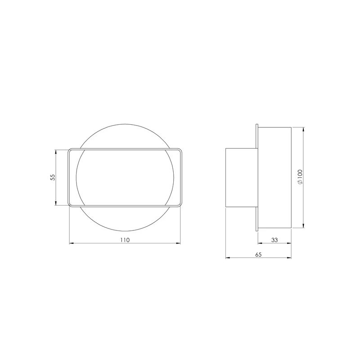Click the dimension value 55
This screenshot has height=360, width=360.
pyautogui.click(x=53, y=177)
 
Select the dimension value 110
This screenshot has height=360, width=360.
pyautogui.click(x=125, y=240)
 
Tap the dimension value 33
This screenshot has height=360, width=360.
pyautogui.click(x=274, y=240)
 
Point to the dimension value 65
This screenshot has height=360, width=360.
pyautogui.click(x=258, y=254)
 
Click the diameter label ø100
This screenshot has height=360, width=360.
pyautogui.click(x=300, y=177)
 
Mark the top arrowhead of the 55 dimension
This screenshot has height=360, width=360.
pyautogui.click(x=56, y=151)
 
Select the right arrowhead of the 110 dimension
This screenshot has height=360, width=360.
pyautogui.click(x=179, y=244)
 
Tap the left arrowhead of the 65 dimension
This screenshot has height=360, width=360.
pyautogui.click(x=226, y=258)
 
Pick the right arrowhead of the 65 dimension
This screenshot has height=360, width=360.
pyautogui.click(x=290, y=258)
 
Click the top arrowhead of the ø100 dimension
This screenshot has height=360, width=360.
pyautogui.click(x=305, y=128)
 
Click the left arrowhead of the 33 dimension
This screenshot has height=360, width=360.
pyautogui.click(x=258, y=244)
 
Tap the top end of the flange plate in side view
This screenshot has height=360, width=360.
pyautogui.click(x=256, y=125)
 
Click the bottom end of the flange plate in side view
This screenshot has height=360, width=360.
pyautogui.click(x=256, y=230)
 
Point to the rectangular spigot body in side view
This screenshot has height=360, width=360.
pyautogui.click(x=241, y=177)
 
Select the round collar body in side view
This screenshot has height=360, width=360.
pyautogui.click(x=274, y=177)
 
